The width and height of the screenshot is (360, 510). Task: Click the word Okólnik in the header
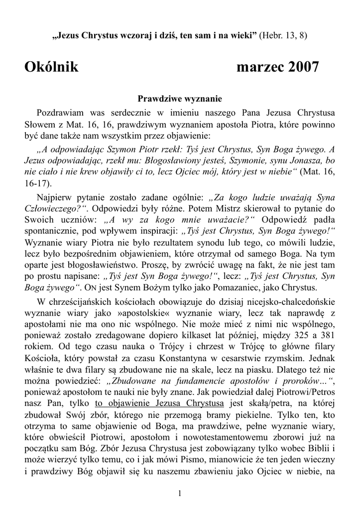click(x=51, y=67)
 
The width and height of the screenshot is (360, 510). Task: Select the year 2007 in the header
click(x=301, y=67)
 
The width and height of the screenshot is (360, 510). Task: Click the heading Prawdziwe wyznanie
click(x=180, y=99)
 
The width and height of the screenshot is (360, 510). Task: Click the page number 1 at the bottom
click(x=180, y=493)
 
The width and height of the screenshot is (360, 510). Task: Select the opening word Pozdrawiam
click(x=60, y=113)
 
